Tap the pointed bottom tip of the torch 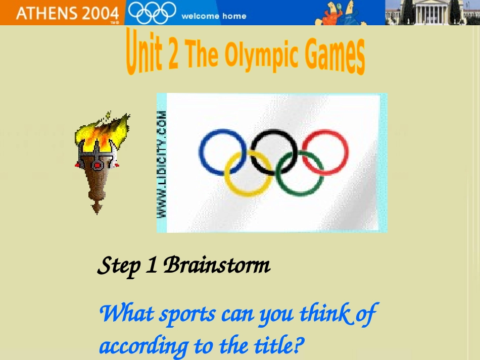tap(97, 209)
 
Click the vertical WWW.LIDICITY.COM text tap(162, 164)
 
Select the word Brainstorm tap(217, 265)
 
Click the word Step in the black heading tap(118, 266)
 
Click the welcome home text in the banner tap(214, 16)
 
